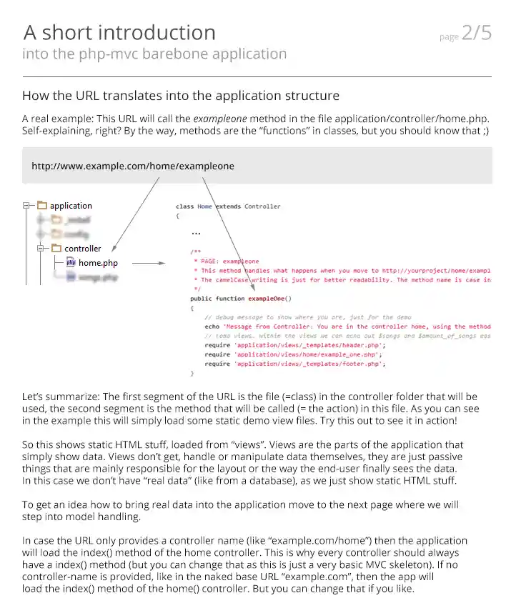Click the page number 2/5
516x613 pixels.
(x=477, y=34)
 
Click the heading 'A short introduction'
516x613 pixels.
(x=119, y=32)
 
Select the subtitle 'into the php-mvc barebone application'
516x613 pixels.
(x=154, y=54)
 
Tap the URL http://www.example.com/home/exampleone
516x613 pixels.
(x=132, y=166)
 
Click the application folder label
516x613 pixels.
(x=71, y=206)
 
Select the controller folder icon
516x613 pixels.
(x=56, y=249)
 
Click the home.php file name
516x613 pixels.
(x=98, y=263)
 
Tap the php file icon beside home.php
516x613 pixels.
(x=71, y=263)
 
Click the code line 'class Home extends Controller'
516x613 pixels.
(x=228, y=206)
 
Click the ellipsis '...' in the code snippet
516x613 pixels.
(x=197, y=232)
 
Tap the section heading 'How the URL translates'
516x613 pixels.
(x=181, y=96)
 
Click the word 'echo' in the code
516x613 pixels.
(x=212, y=327)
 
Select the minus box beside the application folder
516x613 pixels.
(x=27, y=206)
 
